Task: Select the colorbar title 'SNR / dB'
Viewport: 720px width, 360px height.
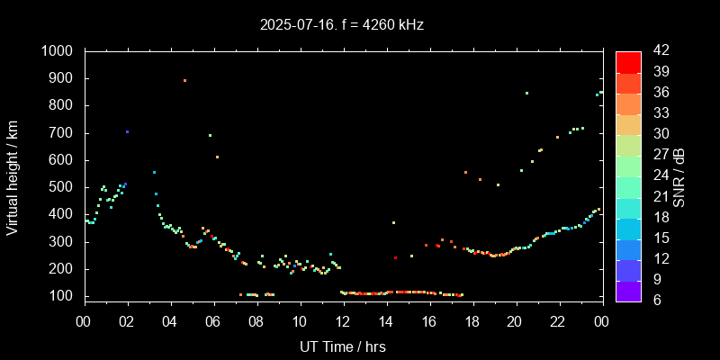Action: [679, 175]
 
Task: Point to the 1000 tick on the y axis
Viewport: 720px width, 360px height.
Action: [62, 51]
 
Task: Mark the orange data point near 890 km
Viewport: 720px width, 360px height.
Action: [184, 81]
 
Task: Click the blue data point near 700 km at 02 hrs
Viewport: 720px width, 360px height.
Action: [127, 131]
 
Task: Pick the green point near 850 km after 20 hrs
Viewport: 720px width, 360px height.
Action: [526, 93]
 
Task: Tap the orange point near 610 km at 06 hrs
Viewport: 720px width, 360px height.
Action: [217, 157]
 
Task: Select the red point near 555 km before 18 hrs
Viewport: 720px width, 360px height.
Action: [465, 172]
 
